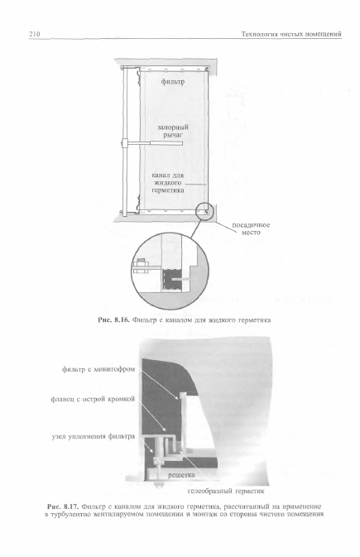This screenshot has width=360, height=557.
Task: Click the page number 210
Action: pos(35,34)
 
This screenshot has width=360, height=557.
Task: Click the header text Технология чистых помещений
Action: pos(291,34)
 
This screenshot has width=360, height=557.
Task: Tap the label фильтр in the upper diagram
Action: pos(173,82)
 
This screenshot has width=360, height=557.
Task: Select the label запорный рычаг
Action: pos(173,131)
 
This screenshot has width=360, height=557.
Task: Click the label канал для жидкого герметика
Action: pos(168,183)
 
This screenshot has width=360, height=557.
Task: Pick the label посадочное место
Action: pos(251,228)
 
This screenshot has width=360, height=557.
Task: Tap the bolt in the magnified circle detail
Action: pos(142,266)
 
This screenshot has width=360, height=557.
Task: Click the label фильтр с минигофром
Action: pos(98,369)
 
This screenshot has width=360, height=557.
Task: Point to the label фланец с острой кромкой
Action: pos(94,399)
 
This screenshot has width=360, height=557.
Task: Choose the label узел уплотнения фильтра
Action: pos(94,436)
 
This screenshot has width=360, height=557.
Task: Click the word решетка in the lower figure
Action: pos(181,474)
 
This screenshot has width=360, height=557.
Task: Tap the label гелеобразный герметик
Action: pos(226,492)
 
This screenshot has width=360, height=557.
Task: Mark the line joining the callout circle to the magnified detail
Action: pos(196,228)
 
